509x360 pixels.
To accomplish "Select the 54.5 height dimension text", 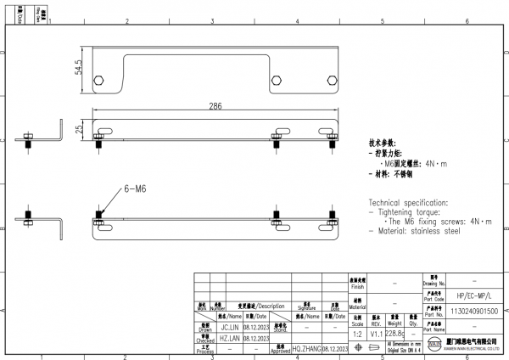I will coord(79,67).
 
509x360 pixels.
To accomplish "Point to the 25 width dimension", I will coord(79,130).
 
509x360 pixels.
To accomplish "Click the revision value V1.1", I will coord(376,335).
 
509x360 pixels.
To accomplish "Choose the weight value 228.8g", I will coord(394,335).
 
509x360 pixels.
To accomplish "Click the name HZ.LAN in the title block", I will coord(232,337).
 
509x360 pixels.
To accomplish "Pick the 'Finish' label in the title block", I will coord(356,286).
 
